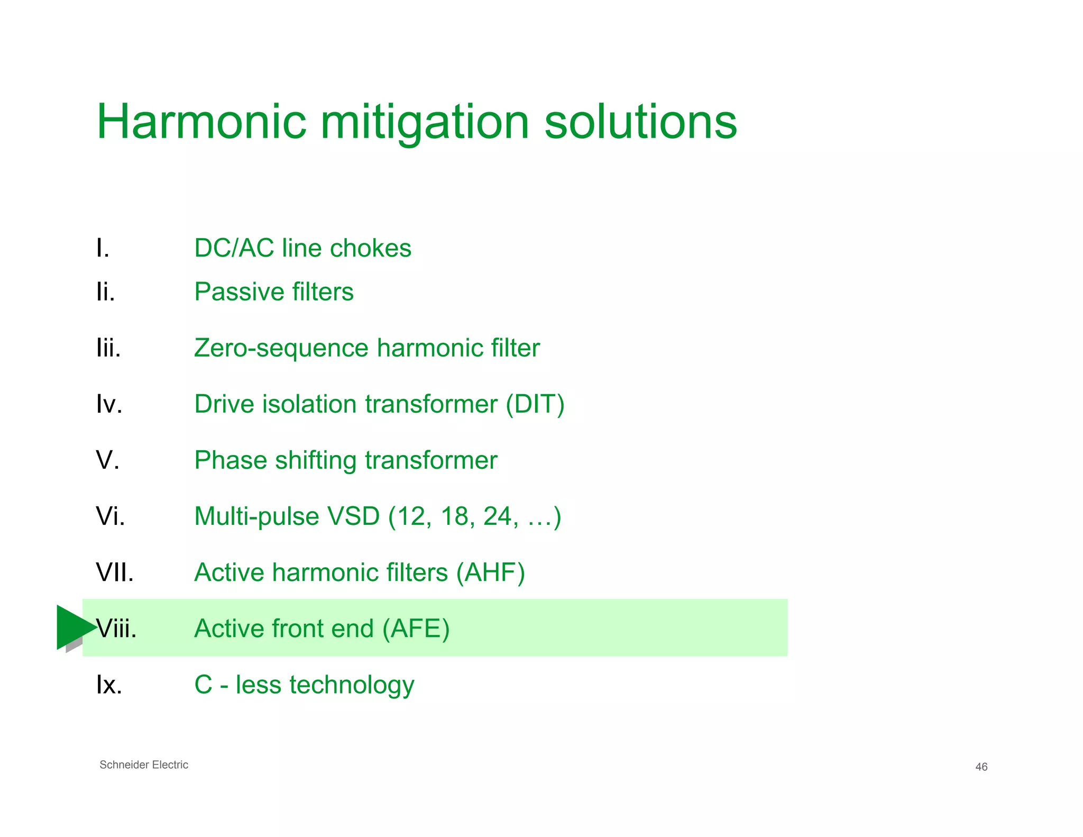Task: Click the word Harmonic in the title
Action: coord(201,122)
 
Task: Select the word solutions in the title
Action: coord(640,122)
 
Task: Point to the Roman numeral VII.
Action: coord(115,572)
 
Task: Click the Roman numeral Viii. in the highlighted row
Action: coord(117,629)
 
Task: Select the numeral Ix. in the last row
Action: coord(109,685)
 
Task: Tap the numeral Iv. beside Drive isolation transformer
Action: coord(109,404)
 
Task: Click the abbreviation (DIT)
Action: coord(535,404)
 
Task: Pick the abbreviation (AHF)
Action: coord(491,572)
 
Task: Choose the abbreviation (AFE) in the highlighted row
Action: coord(416,629)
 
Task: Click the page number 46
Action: coord(981,767)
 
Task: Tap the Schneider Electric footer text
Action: coord(144,765)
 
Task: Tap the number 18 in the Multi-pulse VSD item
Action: coord(454,516)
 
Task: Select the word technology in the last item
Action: coord(352,685)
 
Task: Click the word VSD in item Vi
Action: coord(354,516)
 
